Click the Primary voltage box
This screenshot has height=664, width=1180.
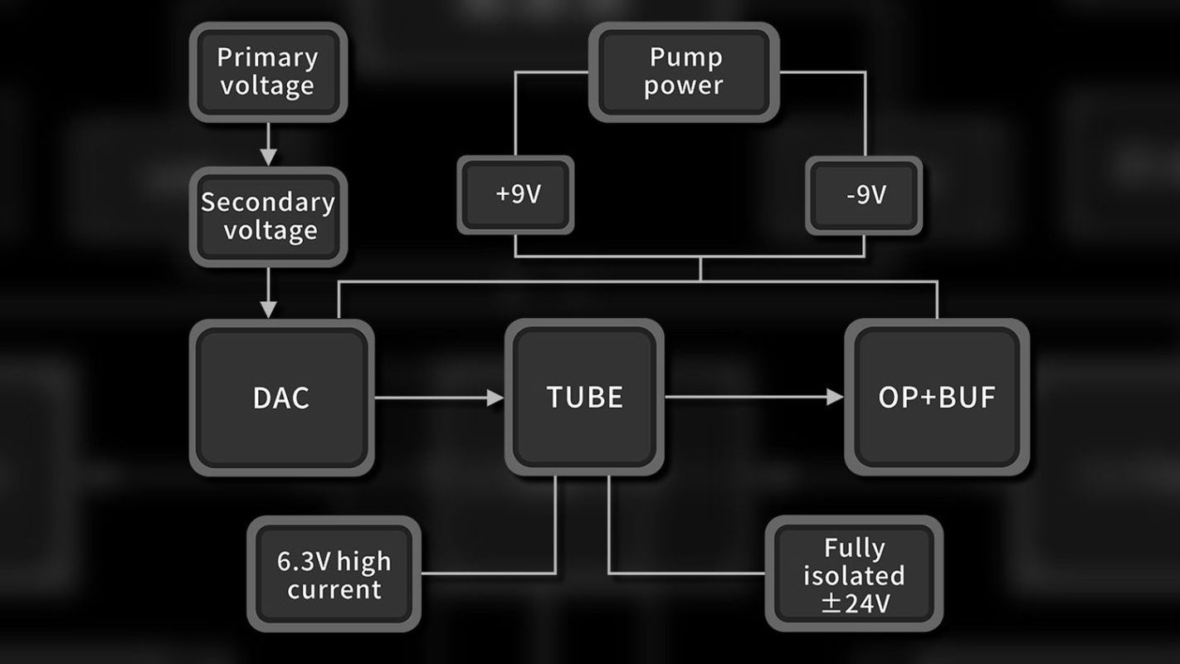[x=267, y=71]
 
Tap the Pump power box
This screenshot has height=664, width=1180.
[x=685, y=71]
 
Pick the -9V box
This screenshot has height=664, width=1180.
[x=864, y=195]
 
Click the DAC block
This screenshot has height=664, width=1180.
[x=281, y=398]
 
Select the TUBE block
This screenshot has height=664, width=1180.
[x=584, y=397]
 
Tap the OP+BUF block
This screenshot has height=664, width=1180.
[x=937, y=398]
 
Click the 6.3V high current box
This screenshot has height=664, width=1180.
[x=334, y=574]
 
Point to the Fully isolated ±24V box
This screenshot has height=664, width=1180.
[x=854, y=574]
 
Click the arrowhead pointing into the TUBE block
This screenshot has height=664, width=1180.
[x=495, y=398]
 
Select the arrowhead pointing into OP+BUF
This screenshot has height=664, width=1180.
[x=835, y=398]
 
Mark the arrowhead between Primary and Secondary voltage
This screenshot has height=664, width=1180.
[x=267, y=155]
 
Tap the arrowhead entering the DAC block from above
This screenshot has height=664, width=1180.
[x=267, y=309]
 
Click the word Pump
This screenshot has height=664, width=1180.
[x=685, y=57]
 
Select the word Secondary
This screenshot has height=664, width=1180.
[x=268, y=202]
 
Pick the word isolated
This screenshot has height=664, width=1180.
[x=854, y=575]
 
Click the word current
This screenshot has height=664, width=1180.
[x=334, y=590]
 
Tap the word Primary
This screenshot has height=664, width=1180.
[x=267, y=57]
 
